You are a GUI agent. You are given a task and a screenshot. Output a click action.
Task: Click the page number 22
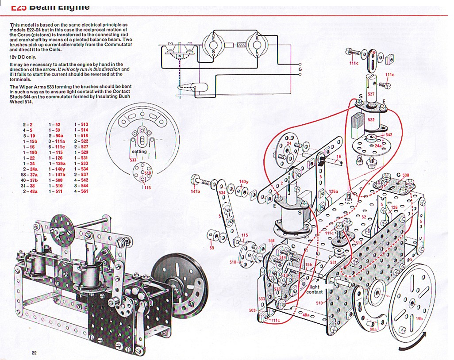point(34,352)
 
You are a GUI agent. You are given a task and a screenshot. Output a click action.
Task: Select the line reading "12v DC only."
point(24,57)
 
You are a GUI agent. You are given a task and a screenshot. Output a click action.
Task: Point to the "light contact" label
point(315,290)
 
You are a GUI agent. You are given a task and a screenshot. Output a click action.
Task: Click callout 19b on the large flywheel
point(419,318)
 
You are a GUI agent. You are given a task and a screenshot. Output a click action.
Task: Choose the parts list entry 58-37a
point(30,175)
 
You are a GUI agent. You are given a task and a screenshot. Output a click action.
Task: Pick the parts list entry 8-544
point(81,186)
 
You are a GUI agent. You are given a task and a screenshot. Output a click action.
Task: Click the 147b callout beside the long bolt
point(195,191)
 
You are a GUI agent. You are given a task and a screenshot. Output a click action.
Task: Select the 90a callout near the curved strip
point(373,329)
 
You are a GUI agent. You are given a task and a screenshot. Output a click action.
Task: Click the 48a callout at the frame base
point(306,314)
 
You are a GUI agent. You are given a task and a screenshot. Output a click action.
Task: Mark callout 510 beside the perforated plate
point(319,303)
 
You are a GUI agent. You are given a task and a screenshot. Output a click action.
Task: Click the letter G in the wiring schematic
point(300,69)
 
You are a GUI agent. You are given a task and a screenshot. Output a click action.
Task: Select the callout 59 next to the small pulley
point(212,247)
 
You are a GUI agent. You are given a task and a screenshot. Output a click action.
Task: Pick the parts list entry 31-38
point(30,186)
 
